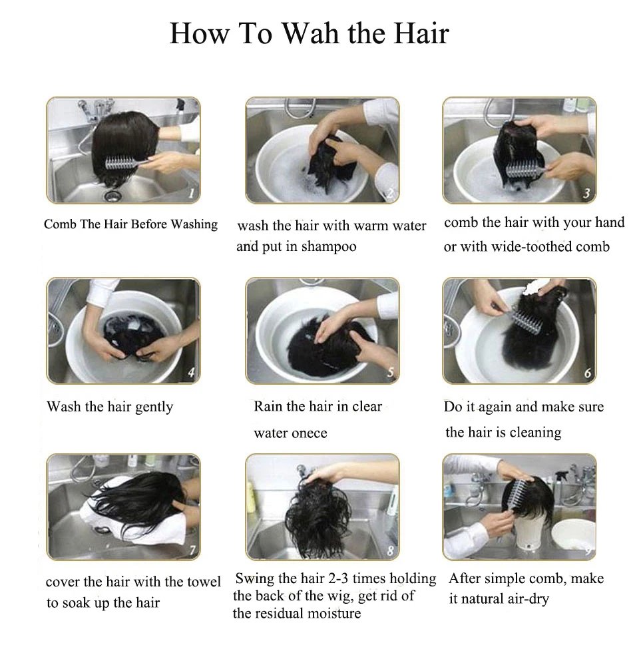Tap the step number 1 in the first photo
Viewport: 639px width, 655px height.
(x=191, y=194)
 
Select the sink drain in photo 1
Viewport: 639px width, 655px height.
(x=113, y=195)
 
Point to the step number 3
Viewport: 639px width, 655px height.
(x=586, y=194)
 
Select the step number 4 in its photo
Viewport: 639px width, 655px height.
(x=192, y=373)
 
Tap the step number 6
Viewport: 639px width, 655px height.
(x=587, y=373)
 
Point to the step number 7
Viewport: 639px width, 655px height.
(x=192, y=550)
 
